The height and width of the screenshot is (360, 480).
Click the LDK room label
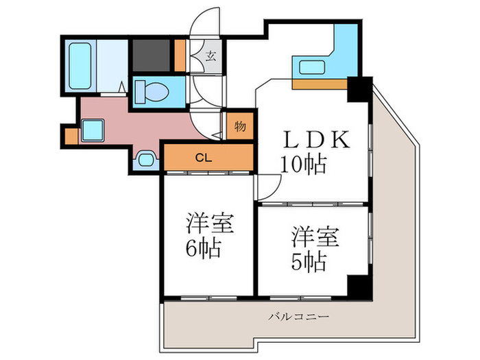point(317,139)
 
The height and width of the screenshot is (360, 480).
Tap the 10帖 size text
point(303,165)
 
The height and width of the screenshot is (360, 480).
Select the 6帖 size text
point(203,248)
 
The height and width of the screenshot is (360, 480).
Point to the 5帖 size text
point(308,262)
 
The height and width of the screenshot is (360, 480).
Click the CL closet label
point(204,158)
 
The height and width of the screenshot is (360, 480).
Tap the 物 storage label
point(240,126)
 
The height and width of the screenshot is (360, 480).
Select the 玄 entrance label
point(211,56)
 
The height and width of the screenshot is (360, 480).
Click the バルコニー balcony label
point(299,316)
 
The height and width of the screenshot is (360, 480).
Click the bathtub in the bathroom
point(80,66)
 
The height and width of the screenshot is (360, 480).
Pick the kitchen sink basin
point(312,67)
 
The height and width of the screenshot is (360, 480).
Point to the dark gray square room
point(152,55)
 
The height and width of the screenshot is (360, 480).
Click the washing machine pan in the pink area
point(93,130)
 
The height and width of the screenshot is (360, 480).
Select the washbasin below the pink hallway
point(145,159)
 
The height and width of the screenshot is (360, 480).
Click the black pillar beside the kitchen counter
point(360,89)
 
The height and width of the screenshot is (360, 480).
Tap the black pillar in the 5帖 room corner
point(360,288)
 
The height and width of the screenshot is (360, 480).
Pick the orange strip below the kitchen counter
point(320,84)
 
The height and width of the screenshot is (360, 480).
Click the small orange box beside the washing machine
point(71,136)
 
